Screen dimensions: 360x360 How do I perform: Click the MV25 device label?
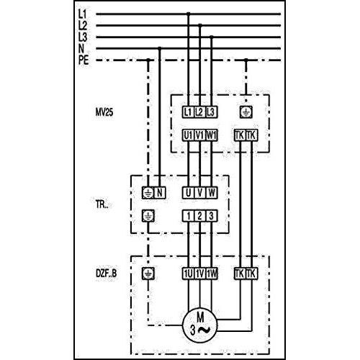[104, 112]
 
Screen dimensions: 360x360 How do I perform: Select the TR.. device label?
[102, 204]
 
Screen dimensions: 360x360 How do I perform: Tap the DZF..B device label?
[107, 274]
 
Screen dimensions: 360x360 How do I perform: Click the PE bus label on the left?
[84, 60]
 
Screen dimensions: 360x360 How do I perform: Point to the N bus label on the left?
[81, 48]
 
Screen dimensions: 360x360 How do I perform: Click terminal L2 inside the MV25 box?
[199, 112]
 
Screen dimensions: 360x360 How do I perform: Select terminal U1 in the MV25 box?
[188, 135]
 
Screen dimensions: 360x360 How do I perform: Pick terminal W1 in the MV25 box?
[211, 135]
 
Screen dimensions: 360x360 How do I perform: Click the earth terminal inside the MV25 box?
[246, 112]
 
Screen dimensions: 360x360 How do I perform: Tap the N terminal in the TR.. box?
[160, 193]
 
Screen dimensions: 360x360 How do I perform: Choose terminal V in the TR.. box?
[199, 193]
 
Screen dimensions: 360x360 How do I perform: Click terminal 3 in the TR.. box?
[211, 216]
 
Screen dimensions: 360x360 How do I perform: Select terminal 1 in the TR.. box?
[188, 216]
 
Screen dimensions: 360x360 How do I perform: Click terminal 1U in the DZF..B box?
[188, 274]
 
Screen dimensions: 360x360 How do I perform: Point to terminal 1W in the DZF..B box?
[211, 274]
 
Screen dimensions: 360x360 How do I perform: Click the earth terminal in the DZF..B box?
[148, 274]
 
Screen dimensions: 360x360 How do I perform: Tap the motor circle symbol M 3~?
[199, 325]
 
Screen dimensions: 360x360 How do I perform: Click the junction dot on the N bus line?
[160, 48]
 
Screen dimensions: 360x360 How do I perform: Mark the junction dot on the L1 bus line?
[188, 14]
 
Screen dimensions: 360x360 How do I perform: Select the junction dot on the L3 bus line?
[212, 37]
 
